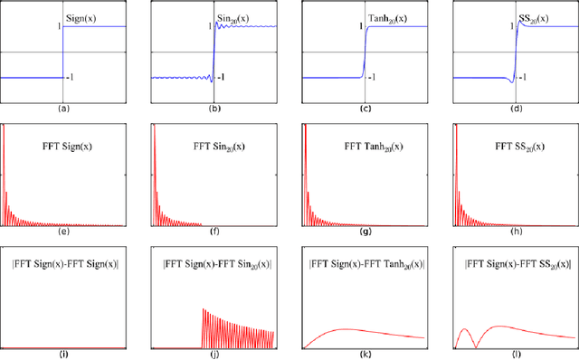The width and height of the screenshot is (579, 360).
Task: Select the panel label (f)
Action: [x=214, y=231]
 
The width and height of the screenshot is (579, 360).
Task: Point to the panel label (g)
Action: [x=365, y=231]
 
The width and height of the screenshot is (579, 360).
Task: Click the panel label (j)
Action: [x=214, y=354]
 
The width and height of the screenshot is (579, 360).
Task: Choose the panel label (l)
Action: [x=517, y=354]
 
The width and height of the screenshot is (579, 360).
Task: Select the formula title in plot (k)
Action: [x=365, y=264]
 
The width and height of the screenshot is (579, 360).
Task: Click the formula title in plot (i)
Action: [x=63, y=264]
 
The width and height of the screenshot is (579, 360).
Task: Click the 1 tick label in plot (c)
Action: [x=359, y=26]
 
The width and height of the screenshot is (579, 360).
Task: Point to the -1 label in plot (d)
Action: [x=522, y=79]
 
